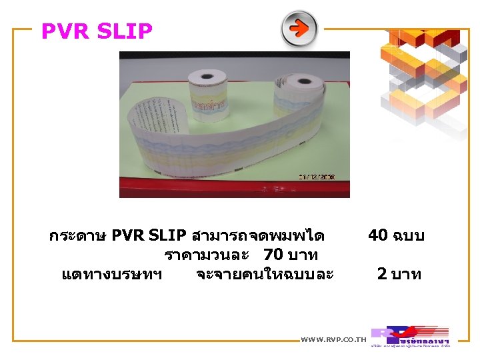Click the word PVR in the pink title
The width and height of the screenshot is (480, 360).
pyautogui.click(x=64, y=31)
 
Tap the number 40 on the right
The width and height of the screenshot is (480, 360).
pyautogui.click(x=378, y=235)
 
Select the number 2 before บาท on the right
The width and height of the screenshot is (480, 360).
pyautogui.click(x=381, y=273)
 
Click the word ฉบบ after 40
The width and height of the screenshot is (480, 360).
pyautogui.click(x=408, y=235)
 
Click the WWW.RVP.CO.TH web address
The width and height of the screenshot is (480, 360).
pyautogui.click(x=334, y=339)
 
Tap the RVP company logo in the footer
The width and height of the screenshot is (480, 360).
pyautogui.click(x=410, y=336)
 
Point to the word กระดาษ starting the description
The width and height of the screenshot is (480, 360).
pyautogui.click(x=77, y=236)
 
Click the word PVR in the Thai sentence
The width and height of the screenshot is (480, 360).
pyautogui.click(x=129, y=236)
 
